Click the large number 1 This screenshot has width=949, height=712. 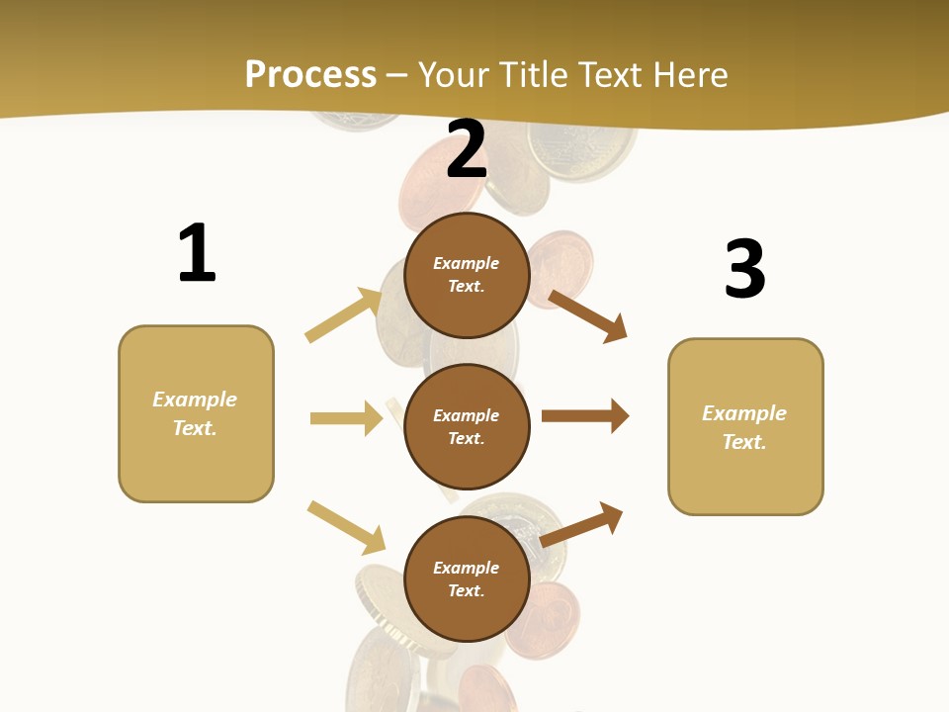(x=197, y=253)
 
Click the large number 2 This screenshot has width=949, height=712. (x=467, y=149)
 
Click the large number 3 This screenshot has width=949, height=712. (x=744, y=269)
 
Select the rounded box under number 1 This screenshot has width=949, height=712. (x=196, y=413)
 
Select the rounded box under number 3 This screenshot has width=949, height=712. (x=745, y=427)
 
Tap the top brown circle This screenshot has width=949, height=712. (x=467, y=275)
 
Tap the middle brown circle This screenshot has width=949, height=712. (x=467, y=426)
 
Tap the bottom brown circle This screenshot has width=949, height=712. (x=467, y=578)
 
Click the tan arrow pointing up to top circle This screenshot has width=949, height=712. (x=343, y=315)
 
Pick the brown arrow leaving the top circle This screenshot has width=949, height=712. (x=587, y=316)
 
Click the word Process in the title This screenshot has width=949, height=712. (x=310, y=74)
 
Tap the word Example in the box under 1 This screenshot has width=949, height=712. (x=195, y=400)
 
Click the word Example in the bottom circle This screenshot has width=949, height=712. (x=467, y=568)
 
